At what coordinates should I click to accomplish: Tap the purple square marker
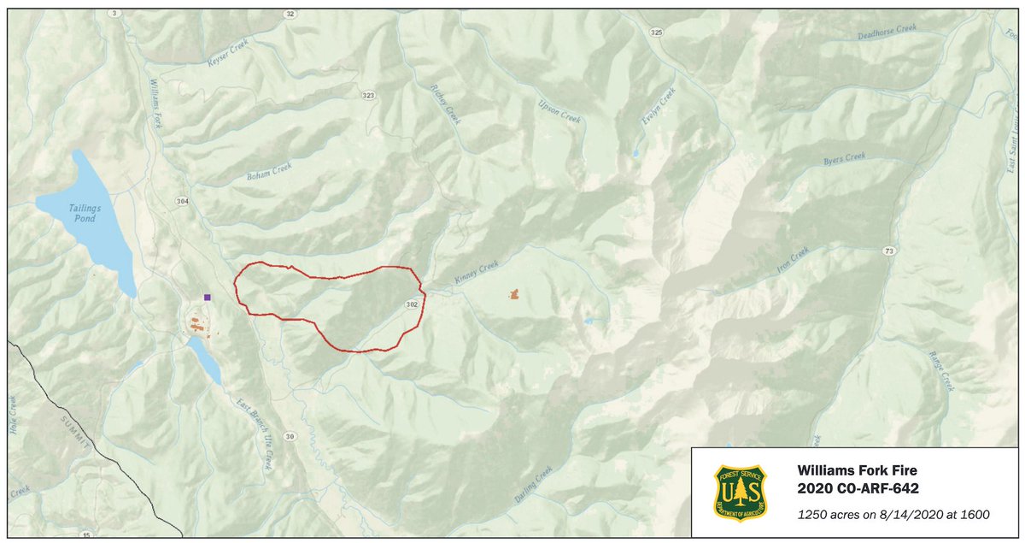208,297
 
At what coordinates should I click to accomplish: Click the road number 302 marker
411,304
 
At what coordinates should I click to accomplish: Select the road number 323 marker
368,95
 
